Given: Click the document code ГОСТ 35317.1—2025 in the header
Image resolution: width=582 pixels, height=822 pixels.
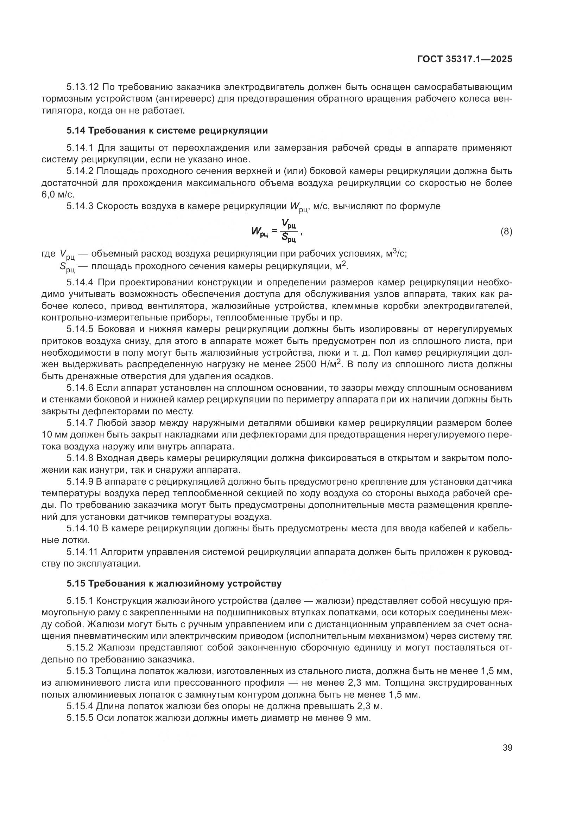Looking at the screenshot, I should (x=465, y=59).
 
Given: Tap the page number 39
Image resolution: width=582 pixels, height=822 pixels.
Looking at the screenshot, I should (x=507, y=748).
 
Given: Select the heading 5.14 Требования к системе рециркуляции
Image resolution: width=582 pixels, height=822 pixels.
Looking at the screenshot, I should (x=167, y=131).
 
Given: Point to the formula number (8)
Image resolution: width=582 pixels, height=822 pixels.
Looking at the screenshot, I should (x=506, y=232).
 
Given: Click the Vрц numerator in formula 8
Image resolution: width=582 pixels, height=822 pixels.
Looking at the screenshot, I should (x=289, y=225).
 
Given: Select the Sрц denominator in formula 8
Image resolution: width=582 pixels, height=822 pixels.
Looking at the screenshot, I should (x=289, y=237).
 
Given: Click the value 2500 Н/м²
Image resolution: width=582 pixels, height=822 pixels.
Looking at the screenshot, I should (x=318, y=364).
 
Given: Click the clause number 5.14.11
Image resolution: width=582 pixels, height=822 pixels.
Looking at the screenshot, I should (x=82, y=552).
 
